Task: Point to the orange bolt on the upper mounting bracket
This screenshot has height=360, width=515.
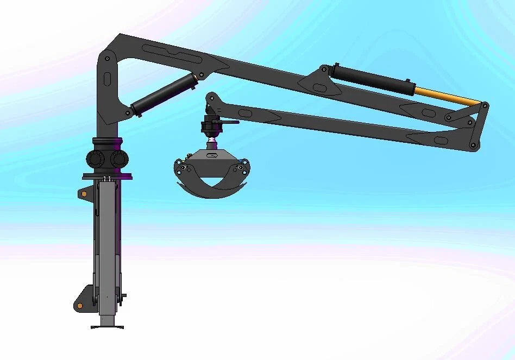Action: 84,193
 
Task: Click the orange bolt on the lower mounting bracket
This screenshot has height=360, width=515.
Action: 80,306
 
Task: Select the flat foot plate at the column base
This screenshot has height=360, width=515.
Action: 107,326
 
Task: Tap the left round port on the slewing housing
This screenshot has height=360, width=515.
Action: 96,159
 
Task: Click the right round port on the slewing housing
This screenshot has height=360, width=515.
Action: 118,159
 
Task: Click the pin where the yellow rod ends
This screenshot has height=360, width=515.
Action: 483,105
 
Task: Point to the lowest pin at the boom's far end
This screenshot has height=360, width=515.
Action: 473,145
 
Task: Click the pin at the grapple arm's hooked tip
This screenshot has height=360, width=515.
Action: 210,99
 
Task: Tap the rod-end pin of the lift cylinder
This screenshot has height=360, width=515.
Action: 202,75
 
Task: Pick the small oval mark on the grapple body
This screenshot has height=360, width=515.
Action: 212,157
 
